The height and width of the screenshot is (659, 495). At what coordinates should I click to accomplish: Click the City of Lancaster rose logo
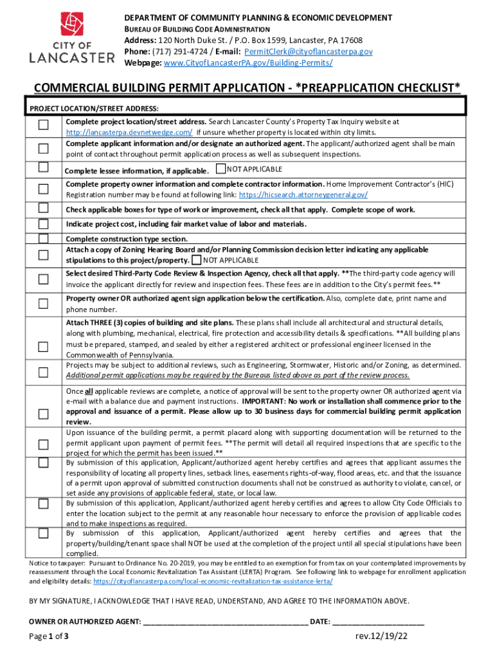[x=72, y=25]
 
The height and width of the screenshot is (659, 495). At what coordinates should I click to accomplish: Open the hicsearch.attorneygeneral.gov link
[x=303, y=194]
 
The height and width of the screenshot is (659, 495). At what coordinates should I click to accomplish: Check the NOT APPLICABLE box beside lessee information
[x=221, y=169]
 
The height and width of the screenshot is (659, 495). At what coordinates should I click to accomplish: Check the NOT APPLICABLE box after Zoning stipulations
[x=196, y=260]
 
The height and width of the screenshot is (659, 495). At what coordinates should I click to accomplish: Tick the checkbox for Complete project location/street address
[x=43, y=125]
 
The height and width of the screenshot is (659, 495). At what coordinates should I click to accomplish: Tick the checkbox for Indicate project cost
[x=43, y=224]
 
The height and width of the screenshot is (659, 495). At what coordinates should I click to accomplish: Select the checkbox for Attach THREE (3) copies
[x=43, y=347]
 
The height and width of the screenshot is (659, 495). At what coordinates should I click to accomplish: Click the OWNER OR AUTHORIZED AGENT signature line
[x=226, y=622]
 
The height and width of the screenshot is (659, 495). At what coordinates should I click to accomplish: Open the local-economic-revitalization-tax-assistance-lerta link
[x=213, y=580]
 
